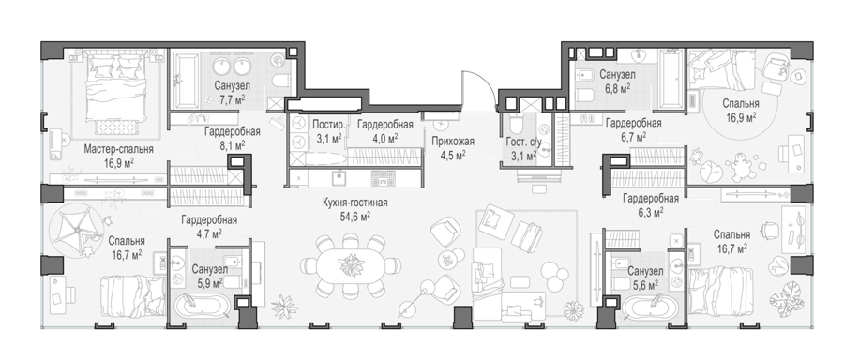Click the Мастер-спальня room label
pyautogui.click(x=118, y=149)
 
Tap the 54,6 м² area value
pyautogui.click(x=354, y=217)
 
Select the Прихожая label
pyautogui.click(x=453, y=142)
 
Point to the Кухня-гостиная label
pyautogui.click(x=354, y=202)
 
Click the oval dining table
pyautogui.click(x=351, y=264)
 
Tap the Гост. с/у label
pyautogui.click(x=521, y=142)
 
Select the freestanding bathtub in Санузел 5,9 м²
pyautogui.click(x=203, y=307)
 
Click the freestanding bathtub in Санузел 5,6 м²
pyautogui.click(x=650, y=307)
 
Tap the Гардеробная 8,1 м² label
pyautogui.click(x=232, y=131)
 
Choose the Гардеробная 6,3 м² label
pyautogui.click(x=651, y=199)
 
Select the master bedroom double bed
pyautogui.click(x=116, y=90)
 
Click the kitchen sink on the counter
pyautogui.click(x=339, y=176)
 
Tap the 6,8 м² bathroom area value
pyautogui.click(x=617, y=87)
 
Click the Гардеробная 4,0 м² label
pyautogui.click(x=384, y=125)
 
